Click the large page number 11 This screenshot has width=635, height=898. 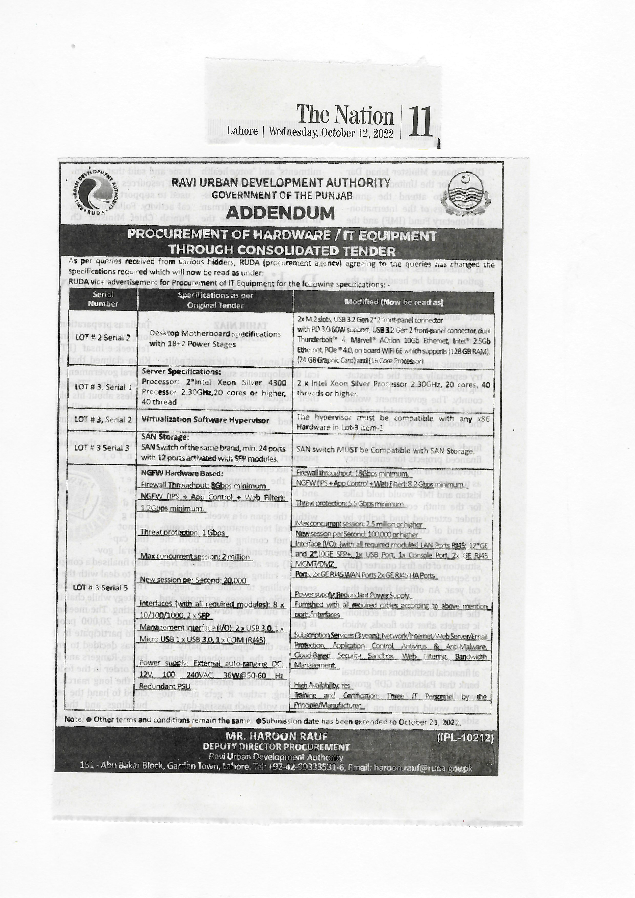(420, 122)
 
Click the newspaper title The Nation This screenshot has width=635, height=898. (345, 116)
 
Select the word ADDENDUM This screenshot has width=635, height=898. (280, 213)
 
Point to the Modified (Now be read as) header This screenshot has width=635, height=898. (394, 302)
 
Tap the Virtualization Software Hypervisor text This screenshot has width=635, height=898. (205, 420)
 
